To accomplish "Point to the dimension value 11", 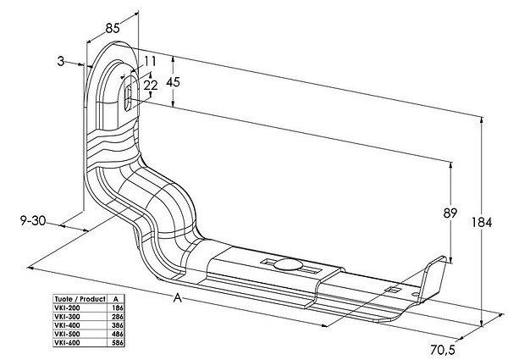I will [x=150, y=61].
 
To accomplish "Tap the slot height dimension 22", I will [x=152, y=85].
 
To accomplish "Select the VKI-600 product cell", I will [x=68, y=343].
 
